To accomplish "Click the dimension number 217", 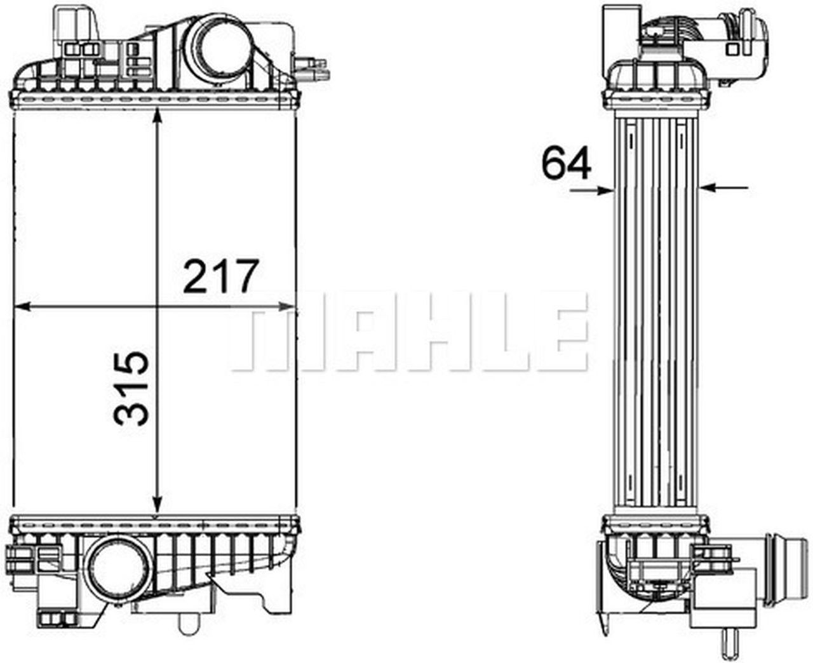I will tap(221, 276).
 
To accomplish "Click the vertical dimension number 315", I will tap(131, 388).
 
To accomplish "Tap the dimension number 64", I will tap(566, 163).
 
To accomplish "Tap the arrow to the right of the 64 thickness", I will tap(724, 187).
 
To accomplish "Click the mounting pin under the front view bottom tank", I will tap(187, 625).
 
